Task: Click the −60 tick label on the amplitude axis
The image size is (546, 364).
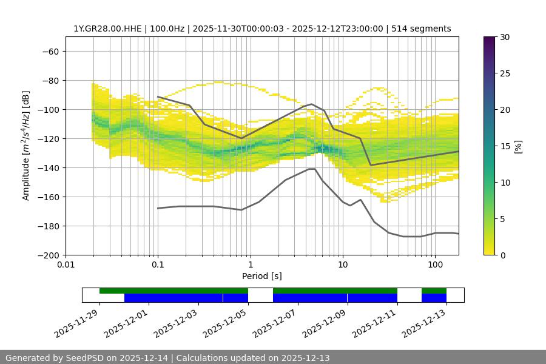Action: coord(50,51)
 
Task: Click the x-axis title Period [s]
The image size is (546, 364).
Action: coord(261,276)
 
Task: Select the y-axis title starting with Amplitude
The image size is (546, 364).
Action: coord(26,146)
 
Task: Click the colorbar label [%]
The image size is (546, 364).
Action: coord(517,146)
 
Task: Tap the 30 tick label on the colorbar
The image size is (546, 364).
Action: coord(505,37)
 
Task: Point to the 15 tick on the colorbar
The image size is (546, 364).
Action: coord(505,146)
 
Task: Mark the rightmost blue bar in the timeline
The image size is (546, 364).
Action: coord(434,298)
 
